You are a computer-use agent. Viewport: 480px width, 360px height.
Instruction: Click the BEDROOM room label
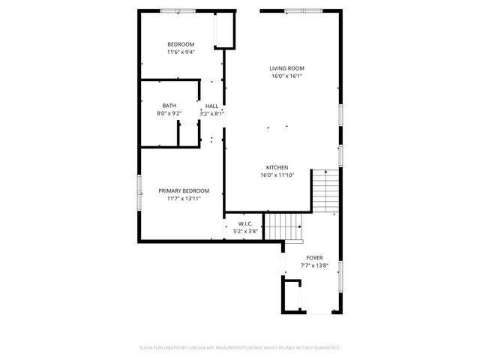pos(181,44)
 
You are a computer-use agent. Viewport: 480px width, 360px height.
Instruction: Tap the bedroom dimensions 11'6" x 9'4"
pos(181,52)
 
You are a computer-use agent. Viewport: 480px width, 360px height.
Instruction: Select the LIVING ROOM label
pos(287,68)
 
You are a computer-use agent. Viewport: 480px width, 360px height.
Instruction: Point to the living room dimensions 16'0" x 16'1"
pos(287,76)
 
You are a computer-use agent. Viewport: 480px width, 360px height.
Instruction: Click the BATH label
pos(169,106)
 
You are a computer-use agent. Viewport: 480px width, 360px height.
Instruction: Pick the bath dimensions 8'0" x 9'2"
pos(169,113)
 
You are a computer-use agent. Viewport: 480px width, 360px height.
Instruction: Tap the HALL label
pos(212,106)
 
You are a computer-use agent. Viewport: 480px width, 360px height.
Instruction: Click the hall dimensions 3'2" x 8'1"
pos(212,113)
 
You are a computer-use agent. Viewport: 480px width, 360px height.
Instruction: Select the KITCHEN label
pos(277,167)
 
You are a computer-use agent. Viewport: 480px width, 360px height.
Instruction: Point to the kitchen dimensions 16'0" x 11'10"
pos(277,175)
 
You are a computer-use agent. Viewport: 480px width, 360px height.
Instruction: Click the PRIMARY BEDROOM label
pos(184,190)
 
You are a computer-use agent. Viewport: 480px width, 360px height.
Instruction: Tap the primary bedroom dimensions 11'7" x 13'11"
pos(184,199)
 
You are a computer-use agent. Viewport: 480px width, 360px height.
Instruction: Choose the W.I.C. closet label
pos(245,224)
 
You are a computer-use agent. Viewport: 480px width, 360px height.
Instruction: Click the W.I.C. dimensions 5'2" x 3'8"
pos(245,232)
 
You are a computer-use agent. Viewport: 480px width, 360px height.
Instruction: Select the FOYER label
pos(314,257)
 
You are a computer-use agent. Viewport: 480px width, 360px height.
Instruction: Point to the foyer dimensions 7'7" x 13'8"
pos(314,265)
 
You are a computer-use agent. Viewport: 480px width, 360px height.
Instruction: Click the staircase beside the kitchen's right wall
pos(325,191)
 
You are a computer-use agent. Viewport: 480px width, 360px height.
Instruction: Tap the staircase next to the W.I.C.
pos(284,226)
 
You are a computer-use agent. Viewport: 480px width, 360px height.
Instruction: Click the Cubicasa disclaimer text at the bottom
pos(240,348)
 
